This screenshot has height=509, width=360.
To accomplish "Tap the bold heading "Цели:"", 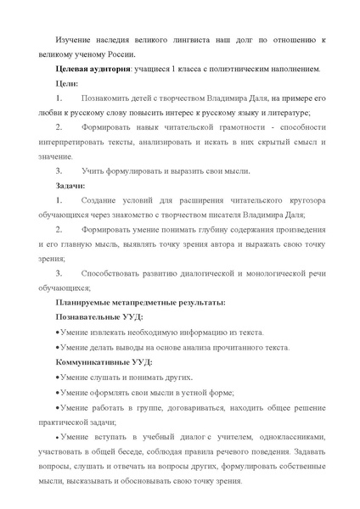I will tap(67, 83).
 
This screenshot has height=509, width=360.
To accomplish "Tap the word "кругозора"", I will tap(304, 200).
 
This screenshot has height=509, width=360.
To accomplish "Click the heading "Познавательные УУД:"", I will tap(98, 317).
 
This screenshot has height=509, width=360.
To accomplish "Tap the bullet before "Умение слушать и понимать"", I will tap(56, 377).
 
